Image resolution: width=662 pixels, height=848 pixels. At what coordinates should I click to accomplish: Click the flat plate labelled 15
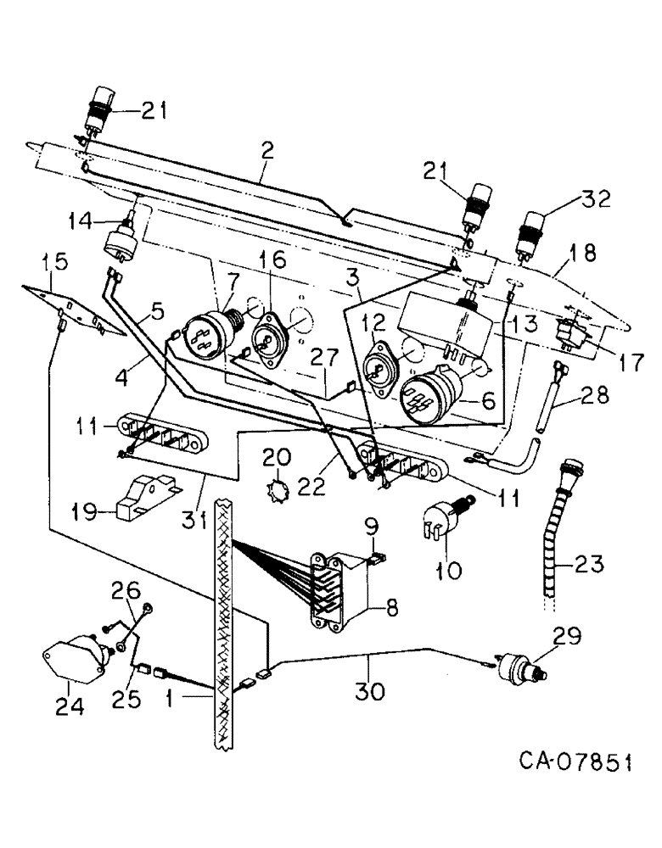click(x=74, y=304)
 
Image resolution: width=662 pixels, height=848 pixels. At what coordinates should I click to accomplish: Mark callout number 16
click(x=273, y=260)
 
